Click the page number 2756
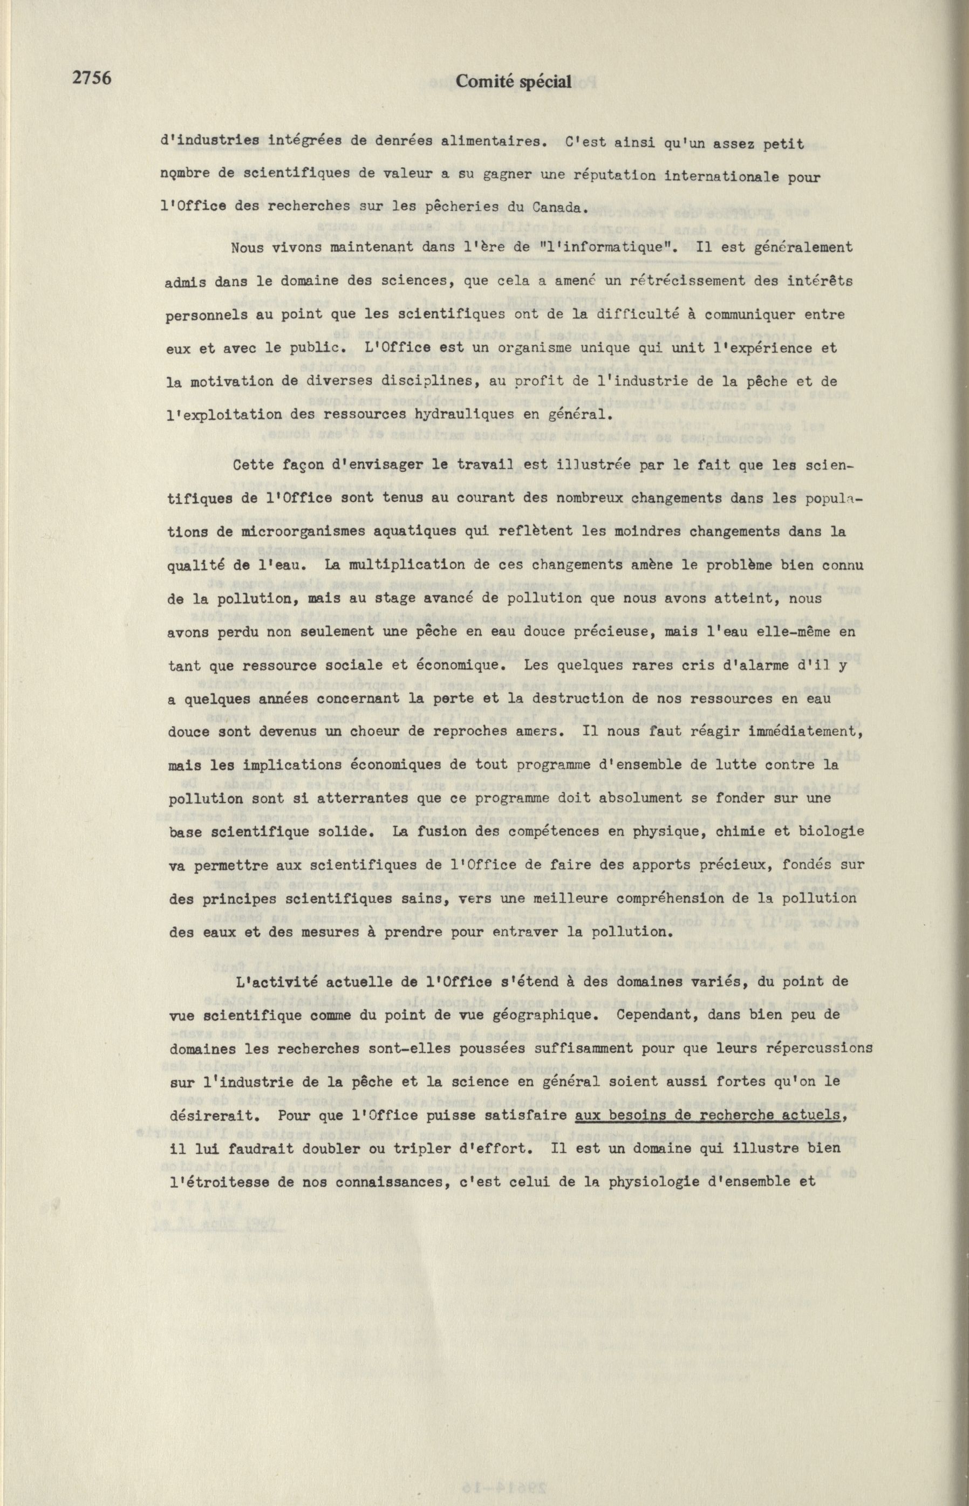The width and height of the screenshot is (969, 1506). (92, 79)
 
